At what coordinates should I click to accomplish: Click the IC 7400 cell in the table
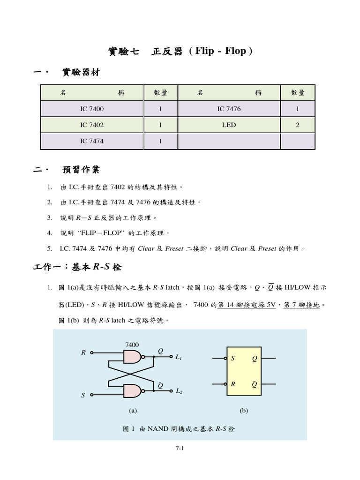click(91, 109)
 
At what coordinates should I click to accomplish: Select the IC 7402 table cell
click(91, 125)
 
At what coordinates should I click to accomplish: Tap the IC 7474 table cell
click(91, 141)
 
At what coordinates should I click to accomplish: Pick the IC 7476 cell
click(229, 109)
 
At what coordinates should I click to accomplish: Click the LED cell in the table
click(229, 125)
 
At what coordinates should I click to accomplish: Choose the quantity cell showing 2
click(297, 125)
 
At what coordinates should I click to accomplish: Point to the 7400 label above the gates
click(132, 345)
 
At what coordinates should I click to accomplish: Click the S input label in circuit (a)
click(83, 395)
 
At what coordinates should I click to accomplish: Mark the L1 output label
click(179, 358)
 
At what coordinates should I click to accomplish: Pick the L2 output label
click(179, 391)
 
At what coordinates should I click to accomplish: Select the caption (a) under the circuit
click(133, 411)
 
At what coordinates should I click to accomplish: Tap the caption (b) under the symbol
click(243, 411)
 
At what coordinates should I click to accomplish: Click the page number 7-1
click(180, 448)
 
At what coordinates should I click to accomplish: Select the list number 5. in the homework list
click(50, 248)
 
